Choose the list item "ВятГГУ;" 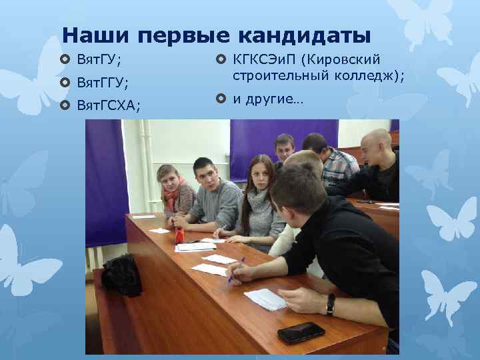click(x=103, y=83)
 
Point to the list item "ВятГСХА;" click(x=109, y=105)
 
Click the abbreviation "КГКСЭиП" click(x=265, y=61)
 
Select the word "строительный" click(x=279, y=76)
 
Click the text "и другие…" click(x=267, y=99)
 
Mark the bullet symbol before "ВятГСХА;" click(x=65, y=105)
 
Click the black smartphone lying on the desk click(x=301, y=332)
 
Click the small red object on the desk click(x=179, y=235)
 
